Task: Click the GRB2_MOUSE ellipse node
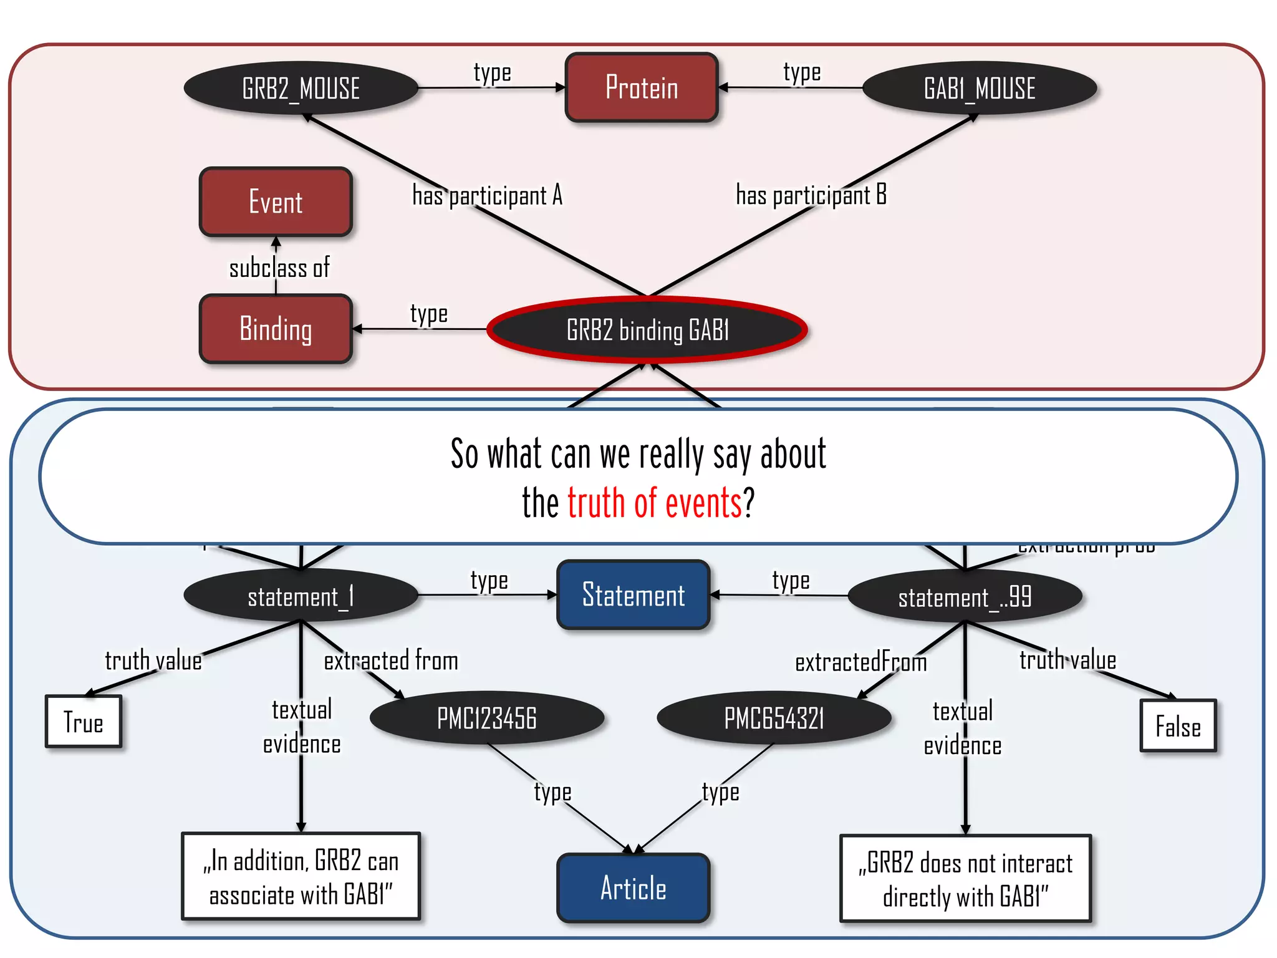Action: pos(301,88)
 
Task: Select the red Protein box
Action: pos(642,87)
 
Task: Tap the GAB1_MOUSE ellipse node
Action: pos(979,88)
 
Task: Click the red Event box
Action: pos(276,202)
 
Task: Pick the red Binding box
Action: pos(276,329)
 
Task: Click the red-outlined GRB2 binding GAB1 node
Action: pos(647,330)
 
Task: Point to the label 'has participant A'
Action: pos(487,195)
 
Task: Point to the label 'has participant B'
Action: pos(811,195)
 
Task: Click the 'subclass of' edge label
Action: pos(279,268)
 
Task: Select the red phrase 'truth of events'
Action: pos(654,503)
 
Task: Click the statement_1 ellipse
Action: pos(301,596)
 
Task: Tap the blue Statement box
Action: pos(633,594)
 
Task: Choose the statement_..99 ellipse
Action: pos(965,597)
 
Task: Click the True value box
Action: pos(84,722)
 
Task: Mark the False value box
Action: pos(1178,726)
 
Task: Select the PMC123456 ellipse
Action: pos(486,718)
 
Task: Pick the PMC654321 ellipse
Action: pos(774,718)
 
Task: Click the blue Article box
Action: pos(633,888)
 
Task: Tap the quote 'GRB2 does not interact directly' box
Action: pos(965,879)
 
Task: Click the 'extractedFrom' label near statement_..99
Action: pos(860,662)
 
